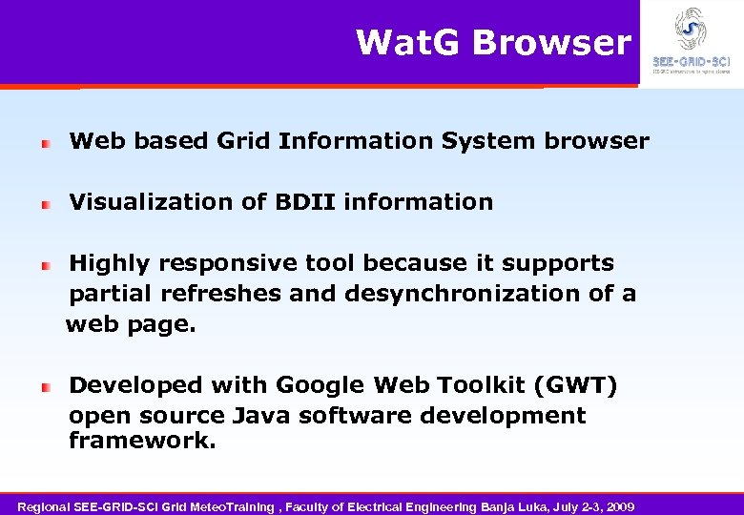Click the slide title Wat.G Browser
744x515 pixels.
tap(493, 43)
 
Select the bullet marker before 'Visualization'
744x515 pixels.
tap(45, 204)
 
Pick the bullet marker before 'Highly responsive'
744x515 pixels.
tap(45, 265)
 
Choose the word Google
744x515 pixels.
tap(320, 385)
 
